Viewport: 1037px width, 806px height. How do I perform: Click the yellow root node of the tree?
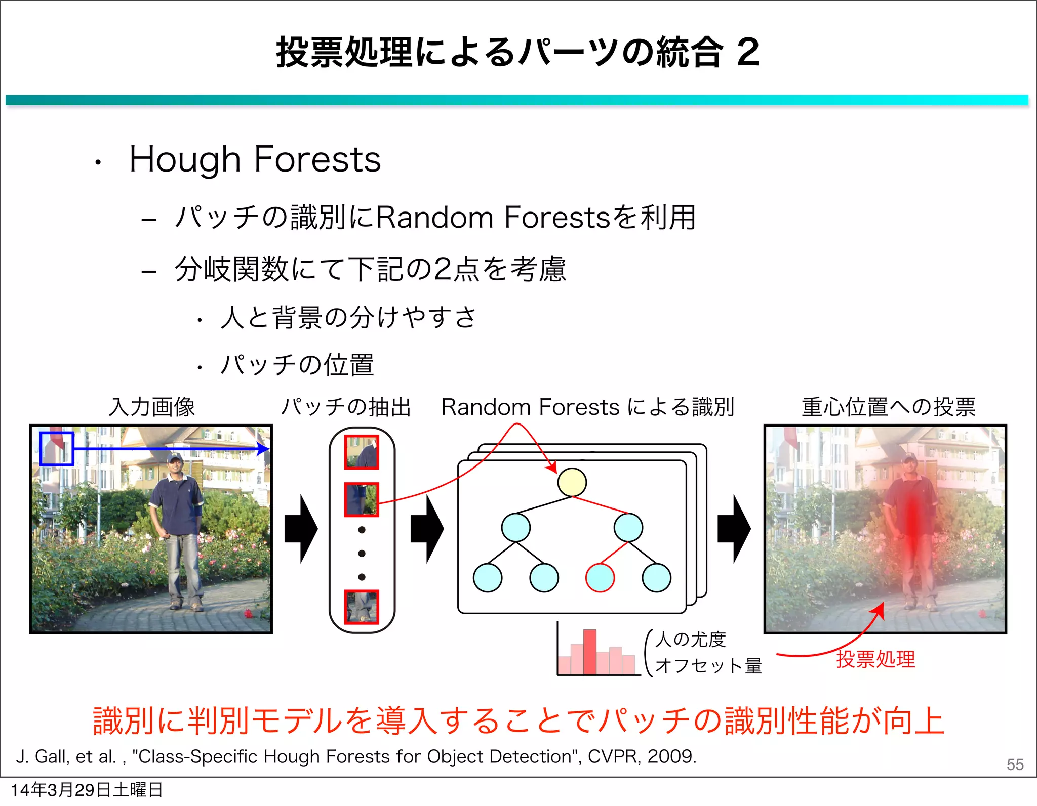572,482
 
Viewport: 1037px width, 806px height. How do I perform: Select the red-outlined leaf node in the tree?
600,578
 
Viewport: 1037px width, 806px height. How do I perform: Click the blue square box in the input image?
57,449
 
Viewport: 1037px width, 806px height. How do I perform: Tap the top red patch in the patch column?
362,452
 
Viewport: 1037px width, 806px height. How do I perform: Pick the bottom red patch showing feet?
362,607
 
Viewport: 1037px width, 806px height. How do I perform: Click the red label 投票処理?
875,659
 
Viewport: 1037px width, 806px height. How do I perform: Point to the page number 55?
1015,765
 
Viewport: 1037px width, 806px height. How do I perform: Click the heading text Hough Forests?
255,159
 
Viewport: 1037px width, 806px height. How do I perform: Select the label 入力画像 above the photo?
151,407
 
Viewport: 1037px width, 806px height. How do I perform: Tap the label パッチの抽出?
346,407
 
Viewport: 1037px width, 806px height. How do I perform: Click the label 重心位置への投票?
888,407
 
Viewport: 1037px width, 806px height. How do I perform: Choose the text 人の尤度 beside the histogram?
691,640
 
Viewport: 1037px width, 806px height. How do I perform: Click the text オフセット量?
708,666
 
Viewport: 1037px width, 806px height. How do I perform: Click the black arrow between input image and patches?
301,529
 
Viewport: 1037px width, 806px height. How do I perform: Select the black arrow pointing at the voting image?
734,529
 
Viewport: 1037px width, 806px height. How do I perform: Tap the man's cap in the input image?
175,457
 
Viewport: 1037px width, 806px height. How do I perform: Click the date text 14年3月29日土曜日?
87,790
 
